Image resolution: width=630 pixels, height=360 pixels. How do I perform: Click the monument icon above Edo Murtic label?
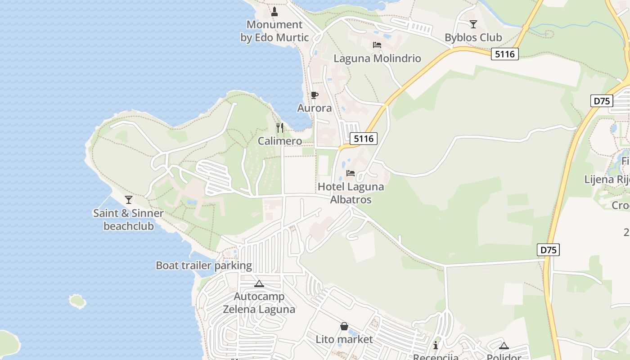274,11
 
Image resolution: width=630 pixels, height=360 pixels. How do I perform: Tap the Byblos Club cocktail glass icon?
473,24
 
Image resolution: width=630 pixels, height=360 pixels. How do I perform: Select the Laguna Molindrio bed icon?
377,45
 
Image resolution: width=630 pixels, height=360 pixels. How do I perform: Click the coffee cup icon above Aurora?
315,95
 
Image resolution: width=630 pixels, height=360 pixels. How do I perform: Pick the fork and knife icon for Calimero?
280,128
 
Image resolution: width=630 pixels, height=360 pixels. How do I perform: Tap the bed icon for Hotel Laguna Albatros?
351,173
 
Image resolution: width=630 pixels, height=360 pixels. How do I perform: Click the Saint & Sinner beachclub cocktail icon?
129,199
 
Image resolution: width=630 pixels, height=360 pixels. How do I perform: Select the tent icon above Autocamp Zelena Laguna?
259,283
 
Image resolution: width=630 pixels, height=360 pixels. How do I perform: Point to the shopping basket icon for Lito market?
344,326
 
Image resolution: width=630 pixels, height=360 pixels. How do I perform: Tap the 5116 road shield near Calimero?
364,139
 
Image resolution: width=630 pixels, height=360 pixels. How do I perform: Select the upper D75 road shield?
602,101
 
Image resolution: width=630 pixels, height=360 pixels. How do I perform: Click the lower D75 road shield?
549,250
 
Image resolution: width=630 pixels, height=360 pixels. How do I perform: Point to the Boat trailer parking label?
204,265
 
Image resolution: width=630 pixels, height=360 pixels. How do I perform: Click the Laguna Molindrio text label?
377,58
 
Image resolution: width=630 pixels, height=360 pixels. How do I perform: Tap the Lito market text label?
344,339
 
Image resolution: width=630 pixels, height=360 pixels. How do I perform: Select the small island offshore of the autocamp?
77,301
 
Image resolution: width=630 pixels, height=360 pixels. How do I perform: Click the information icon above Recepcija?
436,345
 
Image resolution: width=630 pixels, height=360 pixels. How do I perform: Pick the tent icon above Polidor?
504,346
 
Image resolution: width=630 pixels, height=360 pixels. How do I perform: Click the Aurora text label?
315,108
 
